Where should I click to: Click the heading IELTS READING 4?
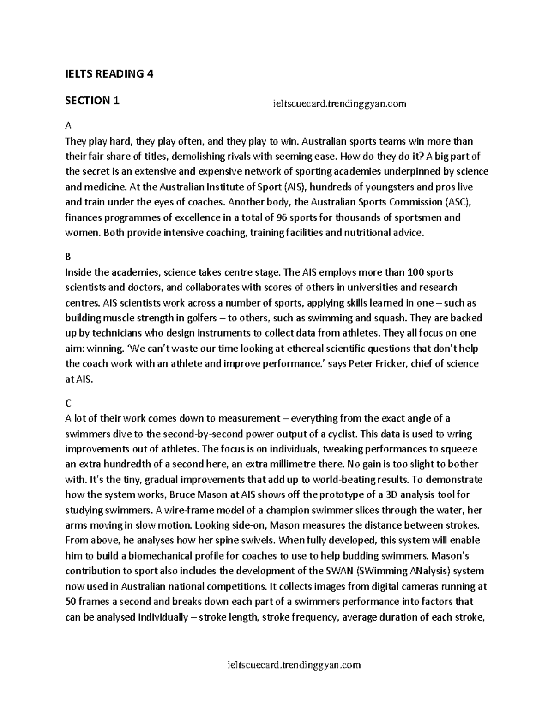(x=109, y=74)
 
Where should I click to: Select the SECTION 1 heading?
(x=92, y=101)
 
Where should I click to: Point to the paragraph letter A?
(x=68, y=126)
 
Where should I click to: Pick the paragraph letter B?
(x=68, y=257)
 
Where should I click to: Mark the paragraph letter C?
(x=68, y=403)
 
